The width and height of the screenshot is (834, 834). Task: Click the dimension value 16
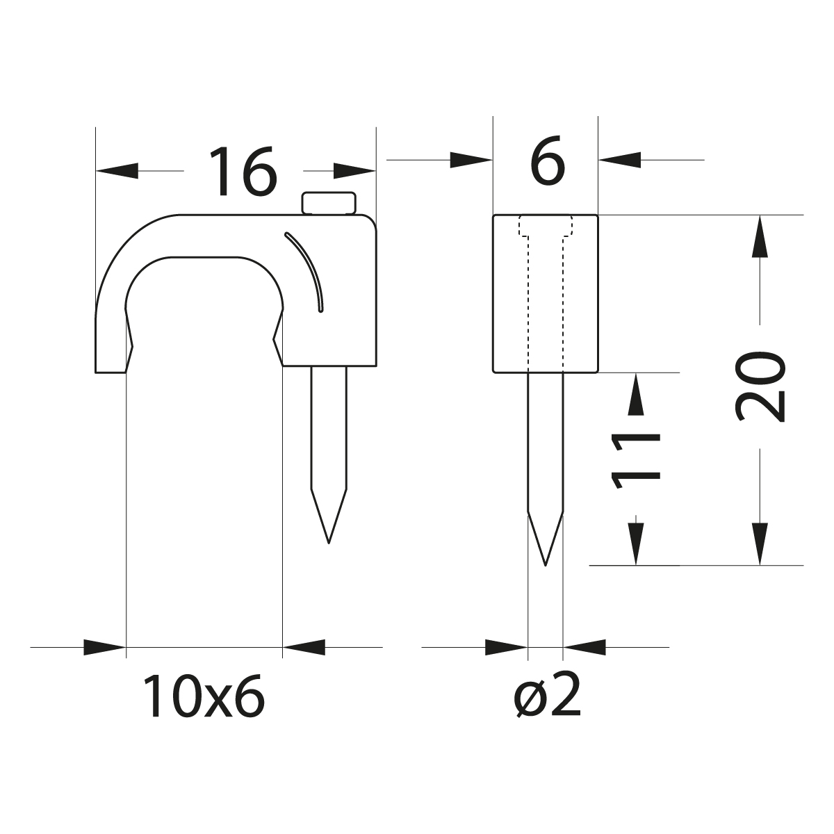pos(243,172)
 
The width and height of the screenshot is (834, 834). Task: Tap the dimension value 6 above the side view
pos(548,165)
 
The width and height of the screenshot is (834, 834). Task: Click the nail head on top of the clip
pos(329,202)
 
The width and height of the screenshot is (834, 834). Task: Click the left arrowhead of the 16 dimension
pos(116,170)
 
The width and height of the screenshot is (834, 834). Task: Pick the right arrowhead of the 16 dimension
pos(354,170)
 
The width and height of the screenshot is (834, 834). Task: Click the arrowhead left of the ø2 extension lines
pos(506,647)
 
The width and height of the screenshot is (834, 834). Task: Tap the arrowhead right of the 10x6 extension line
pos(304,647)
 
